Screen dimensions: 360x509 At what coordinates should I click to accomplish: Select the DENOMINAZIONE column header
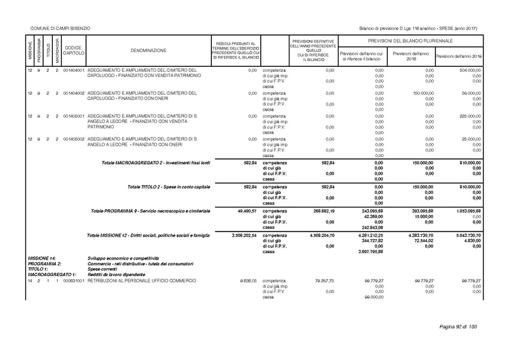pos(149,50)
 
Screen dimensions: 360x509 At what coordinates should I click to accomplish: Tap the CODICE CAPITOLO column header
pos(73,50)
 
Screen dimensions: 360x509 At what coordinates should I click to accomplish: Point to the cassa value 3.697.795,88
pos(369,253)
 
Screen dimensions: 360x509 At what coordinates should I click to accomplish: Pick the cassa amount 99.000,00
pos(372,297)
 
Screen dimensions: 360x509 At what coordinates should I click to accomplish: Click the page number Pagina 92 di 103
pos(459,327)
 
